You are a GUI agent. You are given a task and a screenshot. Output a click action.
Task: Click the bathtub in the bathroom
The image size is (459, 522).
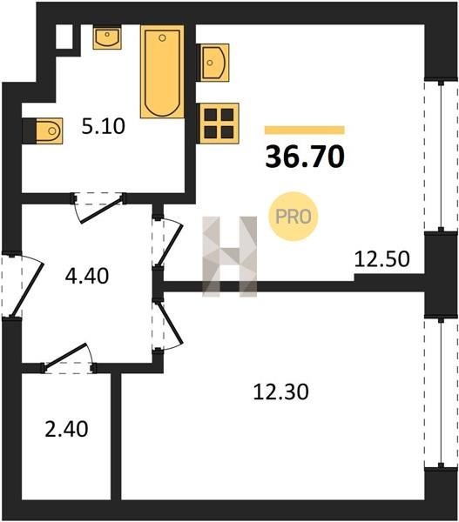click(162, 71)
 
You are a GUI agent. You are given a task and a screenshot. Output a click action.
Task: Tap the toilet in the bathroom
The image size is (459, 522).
click(49, 130)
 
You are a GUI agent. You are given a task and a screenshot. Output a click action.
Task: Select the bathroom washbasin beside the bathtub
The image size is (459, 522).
click(107, 37)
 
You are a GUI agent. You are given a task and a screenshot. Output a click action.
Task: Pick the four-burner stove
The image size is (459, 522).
click(219, 124)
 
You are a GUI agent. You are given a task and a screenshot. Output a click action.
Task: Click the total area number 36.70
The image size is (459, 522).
click(305, 157)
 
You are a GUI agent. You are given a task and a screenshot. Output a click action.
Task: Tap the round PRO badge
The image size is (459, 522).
click(294, 217)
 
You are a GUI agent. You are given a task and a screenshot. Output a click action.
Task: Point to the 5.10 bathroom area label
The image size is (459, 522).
click(104, 126)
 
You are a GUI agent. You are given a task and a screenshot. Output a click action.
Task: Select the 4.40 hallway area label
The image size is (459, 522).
click(87, 276)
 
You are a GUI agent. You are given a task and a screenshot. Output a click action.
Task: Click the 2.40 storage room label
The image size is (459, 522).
click(67, 429)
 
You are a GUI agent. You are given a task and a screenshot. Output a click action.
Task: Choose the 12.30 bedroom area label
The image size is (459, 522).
click(281, 391)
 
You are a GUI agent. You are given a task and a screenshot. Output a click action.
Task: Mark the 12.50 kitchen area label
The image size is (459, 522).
click(382, 259)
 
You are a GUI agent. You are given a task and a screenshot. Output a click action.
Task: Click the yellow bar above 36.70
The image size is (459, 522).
click(305, 130)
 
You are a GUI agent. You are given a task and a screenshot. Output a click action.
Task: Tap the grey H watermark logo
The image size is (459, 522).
click(230, 257)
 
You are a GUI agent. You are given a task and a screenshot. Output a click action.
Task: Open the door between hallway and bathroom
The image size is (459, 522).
click(98, 208)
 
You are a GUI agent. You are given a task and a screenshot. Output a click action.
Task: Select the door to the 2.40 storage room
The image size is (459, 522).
click(69, 358)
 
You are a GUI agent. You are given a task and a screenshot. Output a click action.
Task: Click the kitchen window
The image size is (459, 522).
click(441, 156)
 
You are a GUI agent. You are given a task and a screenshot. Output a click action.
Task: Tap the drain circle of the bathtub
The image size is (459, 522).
click(162, 38)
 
